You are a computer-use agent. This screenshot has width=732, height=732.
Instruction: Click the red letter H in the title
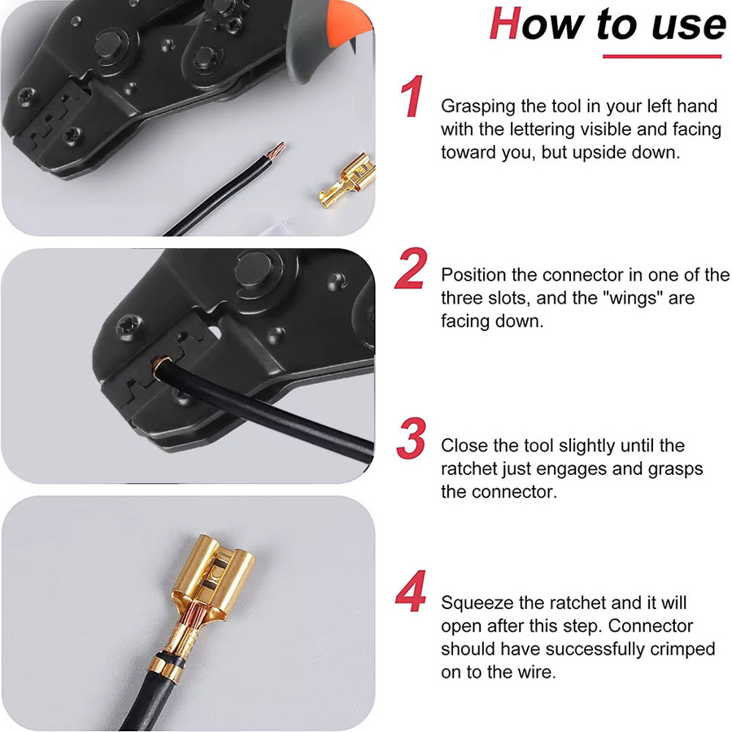[x=506, y=24]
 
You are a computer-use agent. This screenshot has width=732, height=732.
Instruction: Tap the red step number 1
[x=412, y=96]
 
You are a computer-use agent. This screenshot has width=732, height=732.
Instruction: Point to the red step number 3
[x=412, y=438]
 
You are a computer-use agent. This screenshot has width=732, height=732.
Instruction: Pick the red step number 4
[x=411, y=590]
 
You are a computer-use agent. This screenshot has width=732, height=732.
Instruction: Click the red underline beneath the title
[x=662, y=56]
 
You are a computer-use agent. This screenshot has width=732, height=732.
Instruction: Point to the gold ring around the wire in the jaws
[x=162, y=367]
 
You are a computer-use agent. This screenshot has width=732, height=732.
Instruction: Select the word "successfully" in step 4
[x=595, y=649]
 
